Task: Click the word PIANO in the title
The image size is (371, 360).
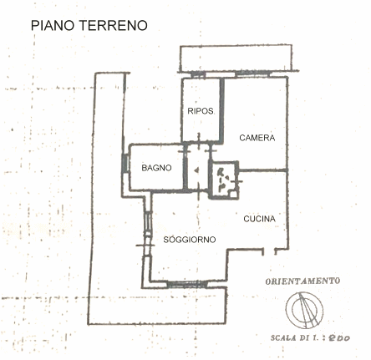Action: tap(53, 25)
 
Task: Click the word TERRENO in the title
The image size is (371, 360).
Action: tap(114, 25)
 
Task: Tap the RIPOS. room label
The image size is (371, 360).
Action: tap(201, 111)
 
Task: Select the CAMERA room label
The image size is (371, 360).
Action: tap(257, 138)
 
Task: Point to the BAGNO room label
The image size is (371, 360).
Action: tap(156, 168)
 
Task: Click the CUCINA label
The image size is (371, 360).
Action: tap(259, 219)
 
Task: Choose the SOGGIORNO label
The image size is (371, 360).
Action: tap(190, 240)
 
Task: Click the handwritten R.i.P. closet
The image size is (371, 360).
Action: tap(224, 180)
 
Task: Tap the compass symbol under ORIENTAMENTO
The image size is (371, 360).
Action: tap(304, 310)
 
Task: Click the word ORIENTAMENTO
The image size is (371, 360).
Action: tap(302, 281)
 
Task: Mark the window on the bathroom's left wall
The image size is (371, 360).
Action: tap(125, 163)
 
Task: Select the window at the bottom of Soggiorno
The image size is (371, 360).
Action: tap(187, 285)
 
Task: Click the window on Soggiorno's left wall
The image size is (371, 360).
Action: tap(148, 224)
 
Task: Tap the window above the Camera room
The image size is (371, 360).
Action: tap(253, 74)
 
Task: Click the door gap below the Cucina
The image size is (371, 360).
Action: tap(269, 251)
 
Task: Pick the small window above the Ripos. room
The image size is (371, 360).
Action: tap(198, 74)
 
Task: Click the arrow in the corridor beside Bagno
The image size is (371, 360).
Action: tap(196, 170)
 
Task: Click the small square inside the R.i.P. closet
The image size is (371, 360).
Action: tap(233, 194)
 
